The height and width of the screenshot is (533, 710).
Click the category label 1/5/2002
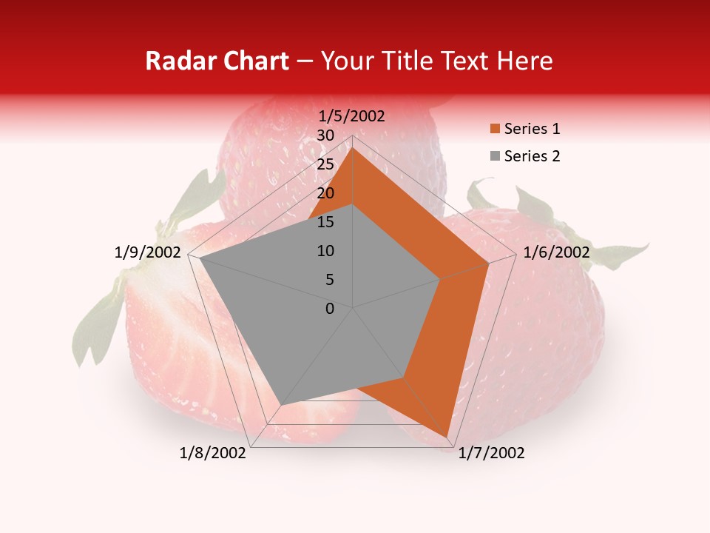click(x=352, y=115)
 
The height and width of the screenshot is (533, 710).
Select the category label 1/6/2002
click(x=556, y=252)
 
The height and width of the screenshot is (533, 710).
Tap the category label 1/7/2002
click(x=491, y=453)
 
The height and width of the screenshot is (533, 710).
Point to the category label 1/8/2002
click(x=213, y=453)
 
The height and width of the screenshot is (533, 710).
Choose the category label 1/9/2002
click(x=148, y=252)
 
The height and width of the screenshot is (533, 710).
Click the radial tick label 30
click(x=325, y=135)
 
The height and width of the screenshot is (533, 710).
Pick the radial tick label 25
click(x=325, y=164)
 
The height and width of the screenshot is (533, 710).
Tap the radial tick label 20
click(x=325, y=193)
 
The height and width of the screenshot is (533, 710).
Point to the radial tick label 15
click(x=325, y=222)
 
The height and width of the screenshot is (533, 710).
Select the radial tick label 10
click(x=325, y=251)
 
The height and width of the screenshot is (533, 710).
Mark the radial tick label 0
click(x=330, y=309)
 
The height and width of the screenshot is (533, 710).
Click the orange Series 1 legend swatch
click(x=495, y=130)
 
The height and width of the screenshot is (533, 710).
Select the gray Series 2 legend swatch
click(x=495, y=156)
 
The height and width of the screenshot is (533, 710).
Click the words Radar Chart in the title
click(x=217, y=61)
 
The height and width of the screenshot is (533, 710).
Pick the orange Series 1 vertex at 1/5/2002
click(x=353, y=147)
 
